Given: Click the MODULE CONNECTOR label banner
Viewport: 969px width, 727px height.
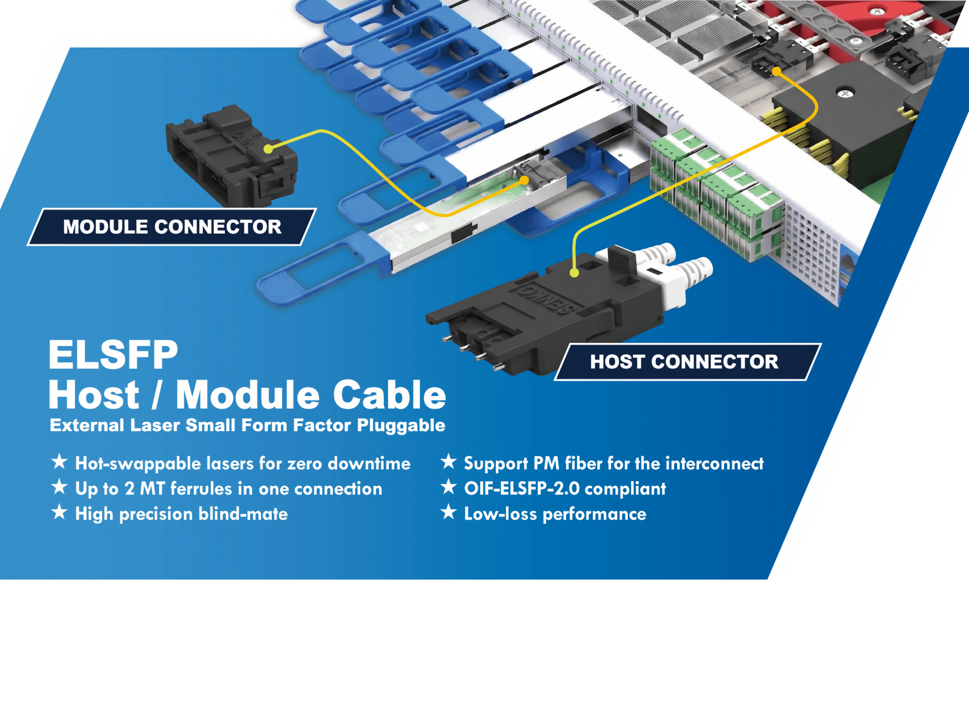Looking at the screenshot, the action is pyautogui.click(x=172, y=226).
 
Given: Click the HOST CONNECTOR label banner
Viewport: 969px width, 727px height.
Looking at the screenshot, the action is pyautogui.click(x=688, y=362).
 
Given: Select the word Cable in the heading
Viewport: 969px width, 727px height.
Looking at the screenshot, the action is pyautogui.click(x=389, y=395).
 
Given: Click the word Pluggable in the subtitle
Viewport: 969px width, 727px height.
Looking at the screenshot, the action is pyautogui.click(x=401, y=426).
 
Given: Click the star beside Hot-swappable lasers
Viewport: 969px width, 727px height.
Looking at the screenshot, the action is pyautogui.click(x=59, y=462).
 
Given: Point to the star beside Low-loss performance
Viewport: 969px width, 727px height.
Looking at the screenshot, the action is pyautogui.click(x=448, y=512).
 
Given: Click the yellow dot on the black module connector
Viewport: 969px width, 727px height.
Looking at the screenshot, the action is pyautogui.click(x=268, y=149).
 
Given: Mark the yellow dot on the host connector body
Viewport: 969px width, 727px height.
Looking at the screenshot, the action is pyautogui.click(x=574, y=273).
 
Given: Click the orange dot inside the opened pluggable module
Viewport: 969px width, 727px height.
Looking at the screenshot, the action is pyautogui.click(x=524, y=180).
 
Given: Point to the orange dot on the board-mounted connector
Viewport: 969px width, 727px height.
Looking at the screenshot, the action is pyautogui.click(x=777, y=71).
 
